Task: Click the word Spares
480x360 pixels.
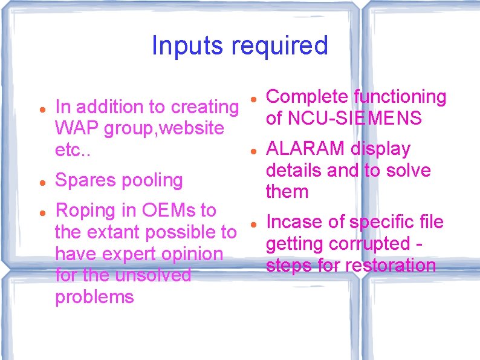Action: pyautogui.click(x=85, y=180)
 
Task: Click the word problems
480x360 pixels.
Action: pyautogui.click(x=94, y=297)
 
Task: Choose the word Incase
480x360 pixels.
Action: pyautogui.click(x=296, y=222)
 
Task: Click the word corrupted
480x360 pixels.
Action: pyautogui.click(x=368, y=244)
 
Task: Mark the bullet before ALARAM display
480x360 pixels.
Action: pyautogui.click(x=256, y=149)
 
